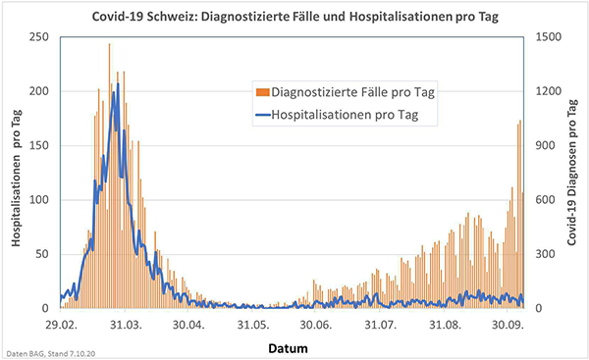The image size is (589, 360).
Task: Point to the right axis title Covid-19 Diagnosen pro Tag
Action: (571, 174)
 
